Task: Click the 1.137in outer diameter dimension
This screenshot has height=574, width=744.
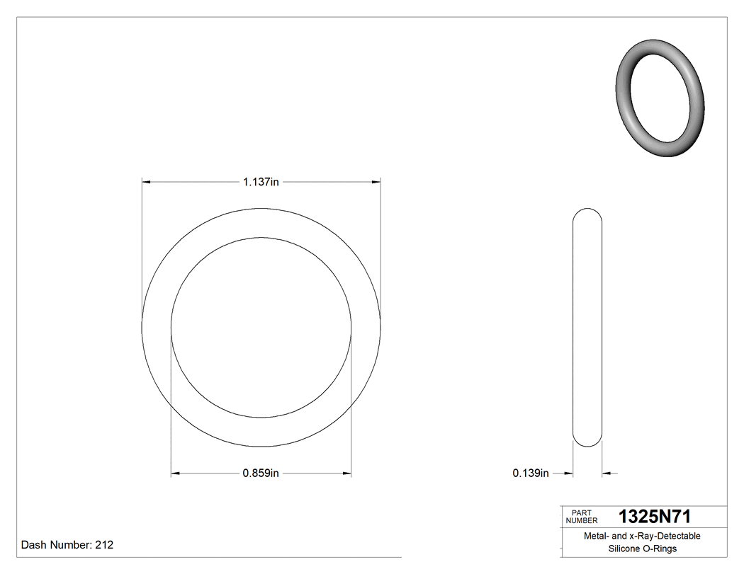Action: pyautogui.click(x=261, y=183)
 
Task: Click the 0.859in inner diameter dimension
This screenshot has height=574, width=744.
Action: pyautogui.click(x=261, y=473)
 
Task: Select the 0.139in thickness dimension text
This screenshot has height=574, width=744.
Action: pyautogui.click(x=531, y=473)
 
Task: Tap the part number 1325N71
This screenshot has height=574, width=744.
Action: pyautogui.click(x=655, y=516)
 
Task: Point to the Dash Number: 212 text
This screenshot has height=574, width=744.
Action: pyautogui.click(x=67, y=546)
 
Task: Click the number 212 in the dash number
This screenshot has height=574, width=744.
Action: pyautogui.click(x=104, y=546)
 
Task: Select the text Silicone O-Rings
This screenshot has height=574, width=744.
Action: pyautogui.click(x=642, y=549)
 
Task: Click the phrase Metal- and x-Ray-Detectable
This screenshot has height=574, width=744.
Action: pyautogui.click(x=642, y=536)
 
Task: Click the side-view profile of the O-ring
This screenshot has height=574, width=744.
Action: pyautogui.click(x=587, y=327)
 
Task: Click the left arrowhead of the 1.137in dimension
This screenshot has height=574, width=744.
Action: pyautogui.click(x=146, y=183)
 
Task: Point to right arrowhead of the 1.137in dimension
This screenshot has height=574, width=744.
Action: pyautogui.click(x=376, y=183)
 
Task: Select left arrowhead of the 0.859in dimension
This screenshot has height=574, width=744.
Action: pyautogui.click(x=176, y=473)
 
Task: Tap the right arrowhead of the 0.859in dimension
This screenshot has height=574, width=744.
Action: pyautogui.click(x=347, y=473)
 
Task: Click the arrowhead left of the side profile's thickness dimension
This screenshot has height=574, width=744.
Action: pyautogui.click(x=568, y=473)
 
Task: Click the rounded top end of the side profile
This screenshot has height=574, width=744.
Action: pyautogui.click(x=587, y=212)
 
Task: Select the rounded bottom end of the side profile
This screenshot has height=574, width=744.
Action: pyautogui.click(x=587, y=442)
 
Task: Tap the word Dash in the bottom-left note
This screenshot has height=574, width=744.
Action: pyautogui.click(x=34, y=546)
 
